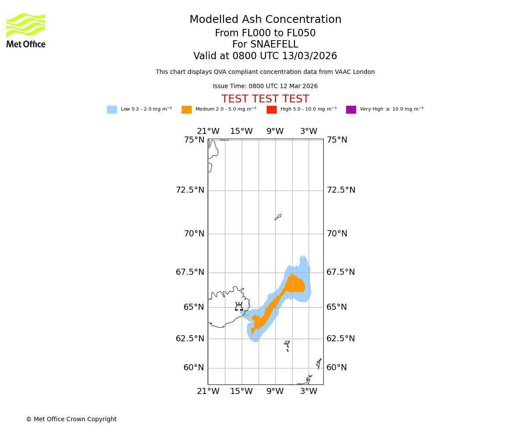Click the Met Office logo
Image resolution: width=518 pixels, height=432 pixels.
tap(26, 30)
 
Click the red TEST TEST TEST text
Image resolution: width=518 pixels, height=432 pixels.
tap(265, 99)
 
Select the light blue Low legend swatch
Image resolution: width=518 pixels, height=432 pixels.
tap(112, 110)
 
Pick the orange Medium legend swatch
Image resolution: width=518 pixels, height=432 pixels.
tap(186, 110)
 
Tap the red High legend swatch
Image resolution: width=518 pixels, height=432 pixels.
tap(272, 110)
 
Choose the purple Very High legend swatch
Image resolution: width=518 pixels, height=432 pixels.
tap(351, 110)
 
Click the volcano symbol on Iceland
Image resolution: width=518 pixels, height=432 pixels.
tap(239, 307)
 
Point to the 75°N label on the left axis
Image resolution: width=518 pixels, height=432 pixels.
tap(194, 140)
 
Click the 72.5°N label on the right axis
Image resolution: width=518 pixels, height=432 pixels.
tap(341, 190)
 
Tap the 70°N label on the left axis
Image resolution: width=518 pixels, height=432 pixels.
tap(194, 234)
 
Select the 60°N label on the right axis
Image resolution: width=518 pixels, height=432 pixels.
tap(337, 368)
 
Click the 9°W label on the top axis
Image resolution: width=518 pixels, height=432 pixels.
tap(275, 131)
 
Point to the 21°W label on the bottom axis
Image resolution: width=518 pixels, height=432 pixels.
tap(208, 391)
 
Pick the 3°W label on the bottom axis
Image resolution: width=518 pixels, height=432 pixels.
tap(309, 391)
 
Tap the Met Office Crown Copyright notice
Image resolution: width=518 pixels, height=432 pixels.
tap(71, 419)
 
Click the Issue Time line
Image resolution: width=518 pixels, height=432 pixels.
tap(265, 86)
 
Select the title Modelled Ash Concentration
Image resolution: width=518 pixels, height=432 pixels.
tap(265, 20)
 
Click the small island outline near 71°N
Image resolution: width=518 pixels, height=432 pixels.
tap(278, 217)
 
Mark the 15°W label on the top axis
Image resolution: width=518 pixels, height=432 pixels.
tap(241, 131)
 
